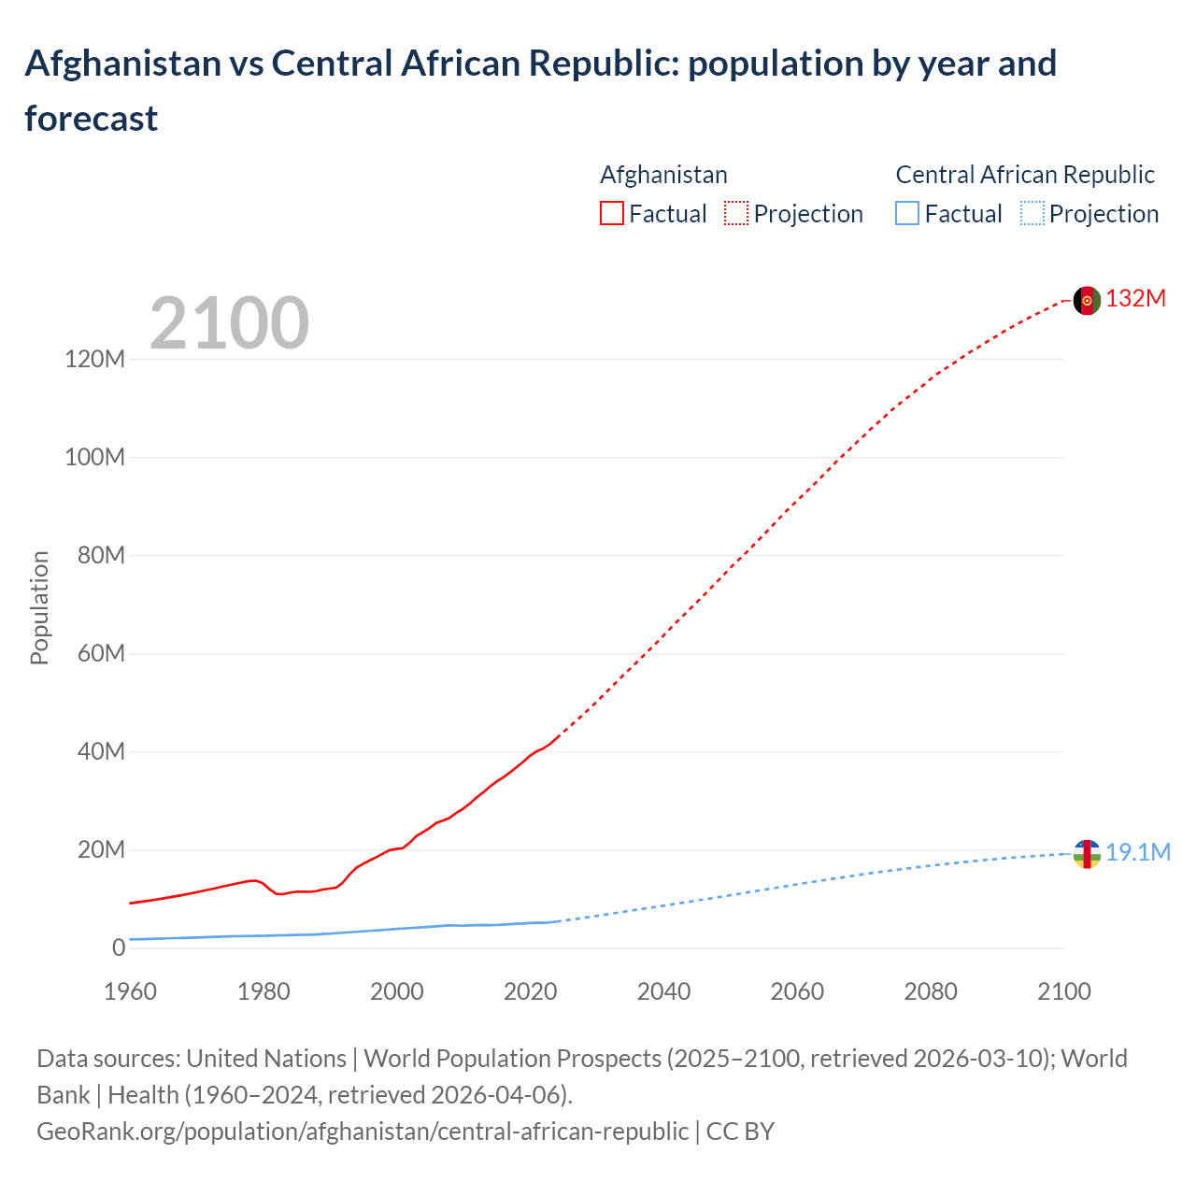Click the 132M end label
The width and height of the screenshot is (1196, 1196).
pos(1135,299)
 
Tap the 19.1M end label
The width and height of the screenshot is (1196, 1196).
pos(1137,852)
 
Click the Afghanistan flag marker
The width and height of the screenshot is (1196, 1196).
pos(1087,301)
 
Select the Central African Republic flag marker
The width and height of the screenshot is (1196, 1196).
pos(1087,854)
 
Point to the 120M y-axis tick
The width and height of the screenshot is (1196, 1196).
pos(94,359)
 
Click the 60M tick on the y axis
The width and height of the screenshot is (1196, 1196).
pos(101,653)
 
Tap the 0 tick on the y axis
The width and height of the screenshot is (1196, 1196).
pos(119,947)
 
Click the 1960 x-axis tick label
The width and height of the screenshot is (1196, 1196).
pos(130,991)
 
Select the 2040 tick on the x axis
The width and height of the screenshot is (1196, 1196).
pos(663,991)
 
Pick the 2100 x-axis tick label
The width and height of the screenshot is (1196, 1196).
pos(1063,991)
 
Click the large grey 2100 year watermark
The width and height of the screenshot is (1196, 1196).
pos(229,323)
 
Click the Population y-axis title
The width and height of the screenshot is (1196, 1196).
pos(39,607)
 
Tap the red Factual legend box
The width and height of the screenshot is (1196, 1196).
pos(611,214)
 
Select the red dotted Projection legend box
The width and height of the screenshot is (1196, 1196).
pos(736,214)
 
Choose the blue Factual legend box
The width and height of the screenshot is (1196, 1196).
pos(907,214)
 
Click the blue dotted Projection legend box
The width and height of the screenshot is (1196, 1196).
pos(1032,214)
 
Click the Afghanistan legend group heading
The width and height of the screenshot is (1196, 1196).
pos(663,175)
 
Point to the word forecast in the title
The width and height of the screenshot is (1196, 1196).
pos(92,119)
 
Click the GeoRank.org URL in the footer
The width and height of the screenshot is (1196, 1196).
pos(363,1132)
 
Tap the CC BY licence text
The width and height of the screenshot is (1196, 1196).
pos(740,1132)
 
